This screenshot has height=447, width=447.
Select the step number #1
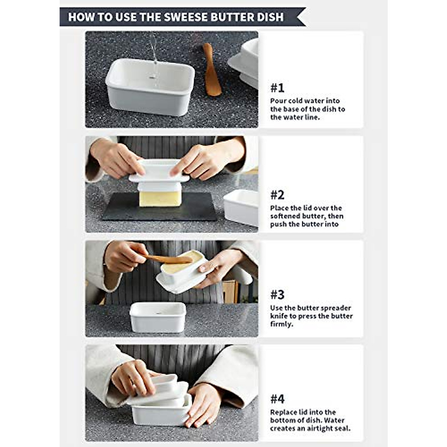click(x=277, y=88)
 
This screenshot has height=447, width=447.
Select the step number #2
click(x=277, y=195)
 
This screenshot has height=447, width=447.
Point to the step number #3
click(x=277, y=295)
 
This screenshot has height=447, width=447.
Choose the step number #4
click(x=277, y=399)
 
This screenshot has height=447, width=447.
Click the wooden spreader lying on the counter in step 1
click(x=212, y=69)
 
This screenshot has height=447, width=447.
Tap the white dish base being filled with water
click(x=150, y=87)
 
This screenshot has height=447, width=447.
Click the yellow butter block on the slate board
click(x=160, y=198)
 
